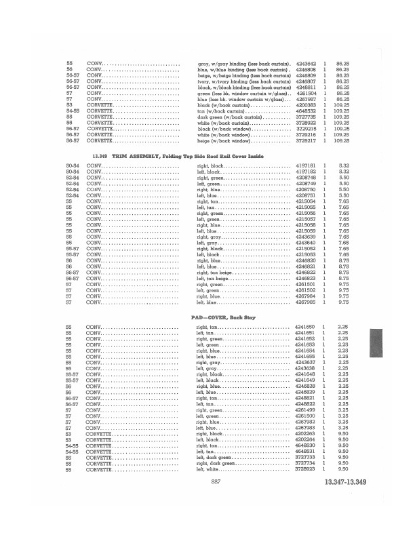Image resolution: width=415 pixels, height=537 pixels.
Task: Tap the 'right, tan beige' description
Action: [213, 272]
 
